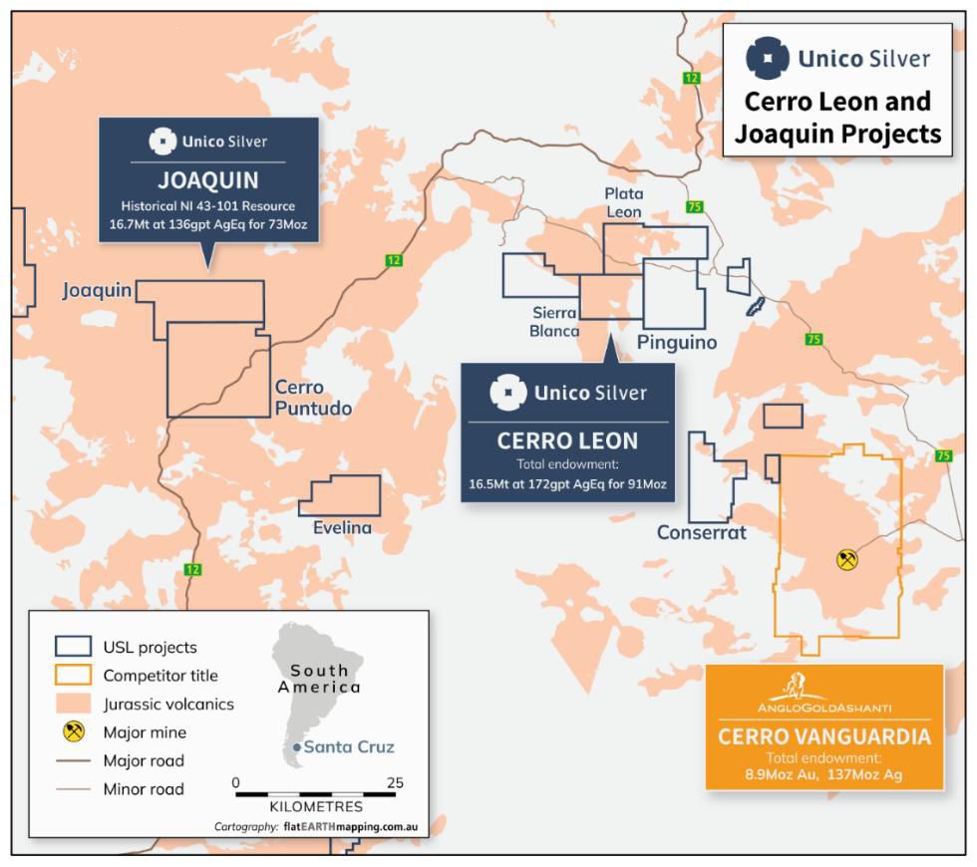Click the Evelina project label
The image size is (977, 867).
342,528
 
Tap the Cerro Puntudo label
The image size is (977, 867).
313,398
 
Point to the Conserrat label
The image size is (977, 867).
701,532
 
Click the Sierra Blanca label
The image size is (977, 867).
554,321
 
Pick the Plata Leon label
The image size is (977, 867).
624,202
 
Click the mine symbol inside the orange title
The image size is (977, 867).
846,560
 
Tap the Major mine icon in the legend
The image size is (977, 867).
72,732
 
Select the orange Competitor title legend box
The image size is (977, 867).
72,676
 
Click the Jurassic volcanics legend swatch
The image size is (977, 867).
72,704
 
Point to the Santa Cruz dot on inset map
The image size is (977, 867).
297,747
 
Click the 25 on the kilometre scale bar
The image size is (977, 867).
395,782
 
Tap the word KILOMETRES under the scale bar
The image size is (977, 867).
316,805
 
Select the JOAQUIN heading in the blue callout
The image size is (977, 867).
208,181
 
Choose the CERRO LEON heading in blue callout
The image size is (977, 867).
567,439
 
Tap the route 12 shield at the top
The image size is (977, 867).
691,77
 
